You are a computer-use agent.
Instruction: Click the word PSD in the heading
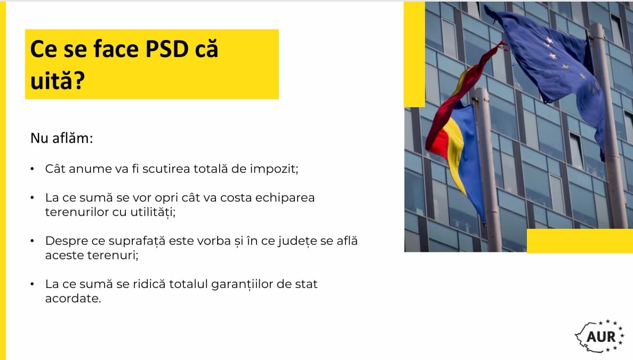[167, 49]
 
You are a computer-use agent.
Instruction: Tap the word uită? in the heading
[58, 80]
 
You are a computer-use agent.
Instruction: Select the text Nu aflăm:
[62, 138]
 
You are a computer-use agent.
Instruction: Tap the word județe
[297, 241]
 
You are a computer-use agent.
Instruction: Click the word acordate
[73, 298]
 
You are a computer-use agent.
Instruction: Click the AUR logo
[599, 335]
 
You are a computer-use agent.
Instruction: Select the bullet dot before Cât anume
[33, 169]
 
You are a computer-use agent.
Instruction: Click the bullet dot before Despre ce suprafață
[33, 241]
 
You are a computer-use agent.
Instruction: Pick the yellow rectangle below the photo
[580, 241]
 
